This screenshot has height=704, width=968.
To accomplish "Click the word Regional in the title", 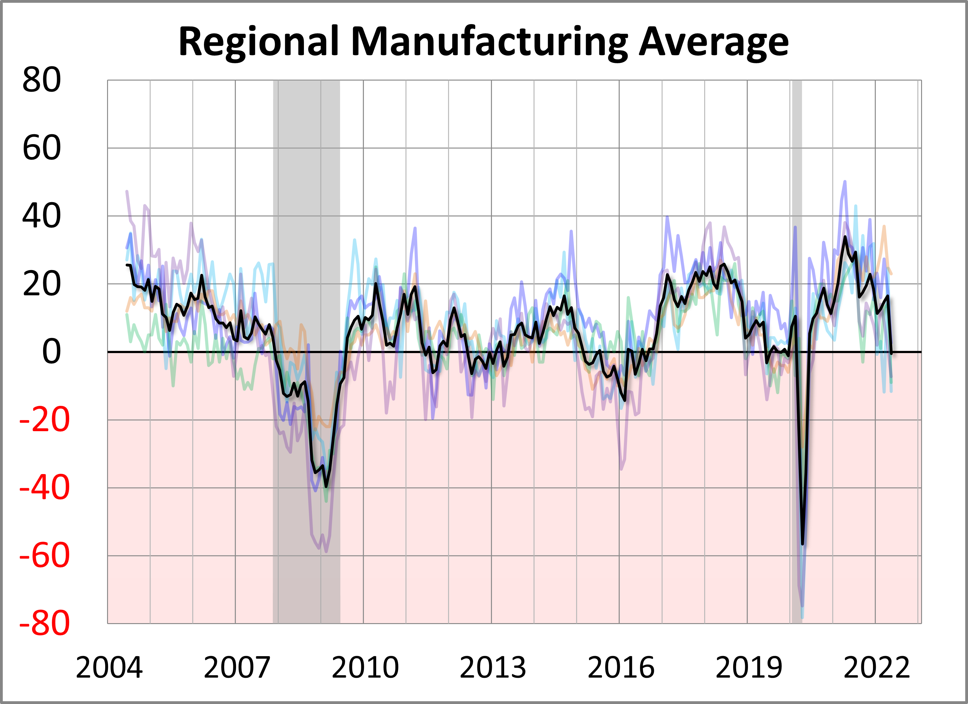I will click(258, 42).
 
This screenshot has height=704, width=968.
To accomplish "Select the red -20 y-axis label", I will click(44, 420).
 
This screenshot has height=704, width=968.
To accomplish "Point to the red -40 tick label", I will click(44, 488).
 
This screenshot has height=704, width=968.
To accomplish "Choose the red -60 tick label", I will click(44, 556).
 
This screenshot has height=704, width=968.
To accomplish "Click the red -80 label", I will click(44, 624).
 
